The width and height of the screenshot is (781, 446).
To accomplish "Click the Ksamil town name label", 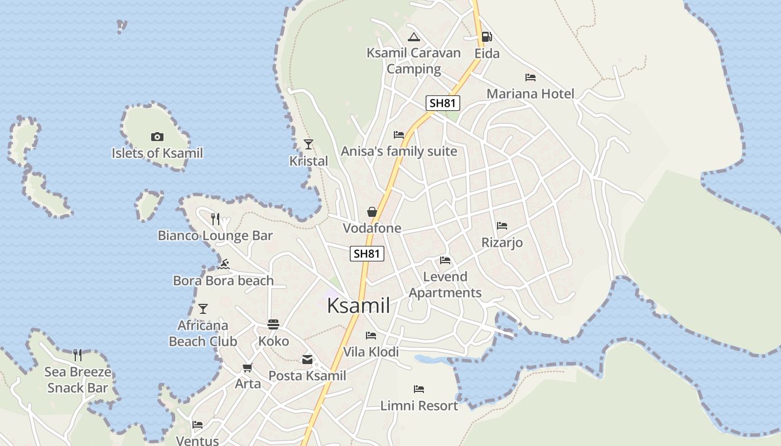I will [x=358, y=306].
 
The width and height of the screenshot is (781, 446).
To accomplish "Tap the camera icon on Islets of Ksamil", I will [x=157, y=137].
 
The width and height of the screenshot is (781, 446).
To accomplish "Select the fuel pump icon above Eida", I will [x=486, y=37].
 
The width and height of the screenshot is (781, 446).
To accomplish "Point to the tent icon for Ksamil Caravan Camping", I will [x=413, y=37].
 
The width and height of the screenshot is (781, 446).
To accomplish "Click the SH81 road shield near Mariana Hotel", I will [x=443, y=103].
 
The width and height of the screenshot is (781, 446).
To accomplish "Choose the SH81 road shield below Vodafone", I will [x=367, y=254].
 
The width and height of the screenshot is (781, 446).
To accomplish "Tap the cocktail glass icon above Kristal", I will [x=308, y=144].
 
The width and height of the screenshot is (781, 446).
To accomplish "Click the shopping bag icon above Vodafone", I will [x=372, y=212].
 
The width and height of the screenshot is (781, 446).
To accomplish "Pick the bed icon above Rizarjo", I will [x=502, y=226].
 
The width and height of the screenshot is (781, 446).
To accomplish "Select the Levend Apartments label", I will [x=445, y=284].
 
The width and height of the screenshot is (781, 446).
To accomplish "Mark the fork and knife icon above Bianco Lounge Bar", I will [x=216, y=219].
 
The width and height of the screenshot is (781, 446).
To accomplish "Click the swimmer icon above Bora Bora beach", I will [x=224, y=264].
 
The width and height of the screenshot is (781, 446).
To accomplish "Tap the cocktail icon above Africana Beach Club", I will [x=203, y=308].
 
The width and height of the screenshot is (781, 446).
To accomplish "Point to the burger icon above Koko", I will [x=273, y=324].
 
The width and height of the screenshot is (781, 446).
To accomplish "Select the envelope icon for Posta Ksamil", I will [x=307, y=360].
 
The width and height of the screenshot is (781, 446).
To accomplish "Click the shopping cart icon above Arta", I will [x=248, y=367].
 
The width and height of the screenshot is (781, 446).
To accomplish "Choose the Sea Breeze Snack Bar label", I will [x=78, y=380].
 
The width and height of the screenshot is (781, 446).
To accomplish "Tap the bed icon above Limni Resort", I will [x=419, y=389].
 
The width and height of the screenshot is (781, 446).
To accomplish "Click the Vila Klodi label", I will [x=371, y=352].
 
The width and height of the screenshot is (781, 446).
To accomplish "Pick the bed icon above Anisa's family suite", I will [x=399, y=134].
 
